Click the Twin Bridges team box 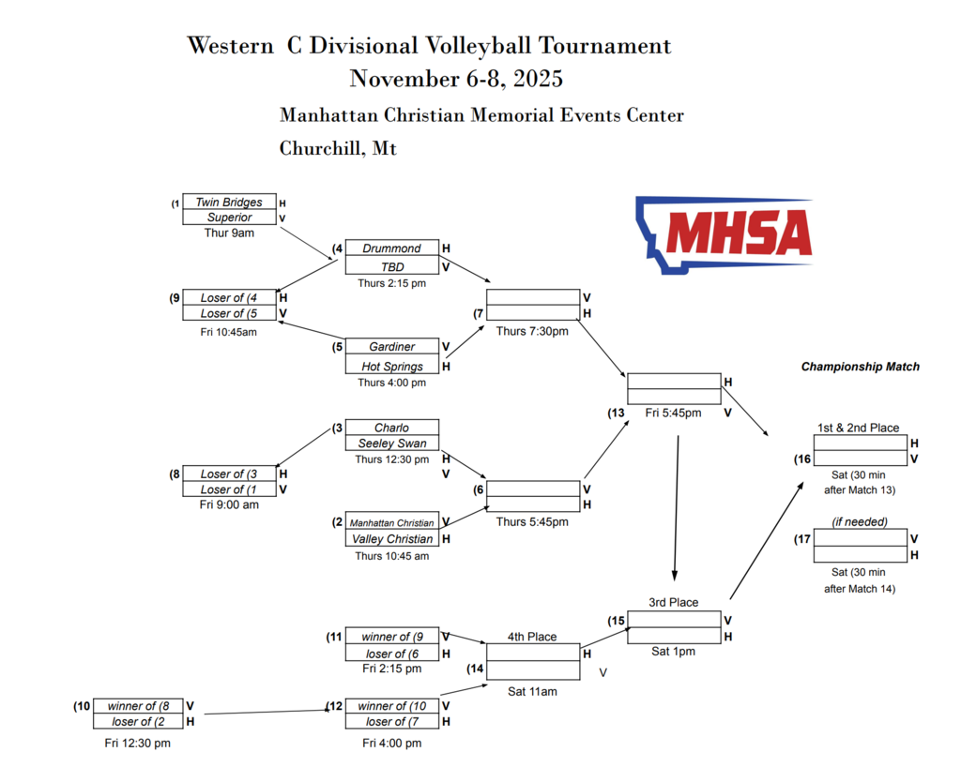click(x=229, y=202)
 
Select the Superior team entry click(x=229, y=218)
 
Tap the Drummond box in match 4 click(x=391, y=248)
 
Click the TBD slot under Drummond click(x=391, y=266)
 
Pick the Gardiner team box click(x=391, y=347)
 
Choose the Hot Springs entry click(x=391, y=367)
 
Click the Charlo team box click(x=391, y=428)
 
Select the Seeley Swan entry click(x=391, y=444)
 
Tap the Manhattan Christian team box click(x=391, y=522)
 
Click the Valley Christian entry click(x=391, y=539)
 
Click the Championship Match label click(x=860, y=367)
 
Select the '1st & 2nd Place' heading click(x=858, y=428)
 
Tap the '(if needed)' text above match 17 click(x=860, y=521)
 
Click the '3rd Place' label click(x=673, y=602)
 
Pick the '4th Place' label click(x=532, y=637)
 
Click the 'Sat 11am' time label click(x=532, y=692)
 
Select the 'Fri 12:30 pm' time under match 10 click(x=137, y=743)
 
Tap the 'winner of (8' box click(x=138, y=706)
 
